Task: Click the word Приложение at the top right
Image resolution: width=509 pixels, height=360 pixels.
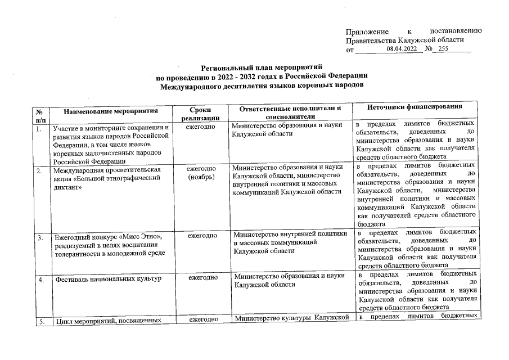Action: [367, 30]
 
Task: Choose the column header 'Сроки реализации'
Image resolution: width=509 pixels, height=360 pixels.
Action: [201, 114]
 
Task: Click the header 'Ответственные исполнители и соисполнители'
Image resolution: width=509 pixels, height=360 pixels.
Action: [290, 111]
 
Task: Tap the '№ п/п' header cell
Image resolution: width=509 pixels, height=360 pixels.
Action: [40, 115]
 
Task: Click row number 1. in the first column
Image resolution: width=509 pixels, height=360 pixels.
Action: [39, 129]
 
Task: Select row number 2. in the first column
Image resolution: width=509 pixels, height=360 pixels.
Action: [39, 170]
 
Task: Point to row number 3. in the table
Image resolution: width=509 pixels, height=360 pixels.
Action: [40, 238]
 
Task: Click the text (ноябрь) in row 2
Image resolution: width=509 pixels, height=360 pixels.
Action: [201, 178]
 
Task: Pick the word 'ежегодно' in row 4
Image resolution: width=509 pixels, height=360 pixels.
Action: [202, 277]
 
